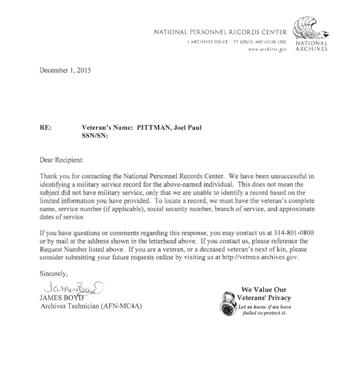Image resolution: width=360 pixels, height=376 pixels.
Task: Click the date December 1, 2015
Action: (65, 70)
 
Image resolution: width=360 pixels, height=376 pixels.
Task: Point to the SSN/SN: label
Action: (96, 136)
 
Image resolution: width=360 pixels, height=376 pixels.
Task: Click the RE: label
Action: (45, 128)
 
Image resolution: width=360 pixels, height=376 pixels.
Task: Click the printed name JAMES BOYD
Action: (58, 298)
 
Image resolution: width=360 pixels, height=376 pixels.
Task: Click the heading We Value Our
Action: (263, 289)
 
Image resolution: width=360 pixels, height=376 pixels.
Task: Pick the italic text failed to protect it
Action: (263, 313)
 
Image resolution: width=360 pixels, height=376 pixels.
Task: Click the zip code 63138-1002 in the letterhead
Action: (273, 41)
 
